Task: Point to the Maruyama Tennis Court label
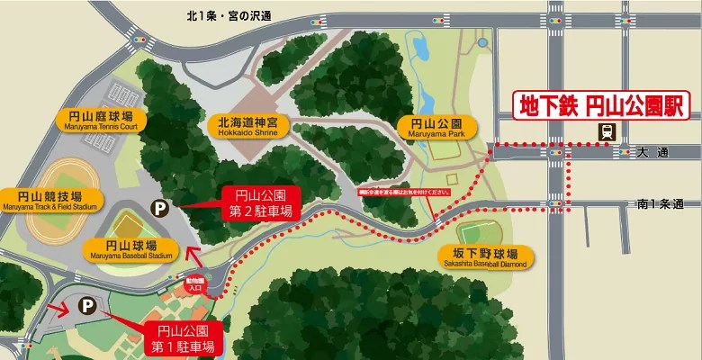coord(96,121)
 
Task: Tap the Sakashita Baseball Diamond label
coord(486,257)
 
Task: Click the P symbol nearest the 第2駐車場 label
coord(158,208)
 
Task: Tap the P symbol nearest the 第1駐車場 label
coord(87,306)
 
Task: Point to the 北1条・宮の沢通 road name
coord(229,16)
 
